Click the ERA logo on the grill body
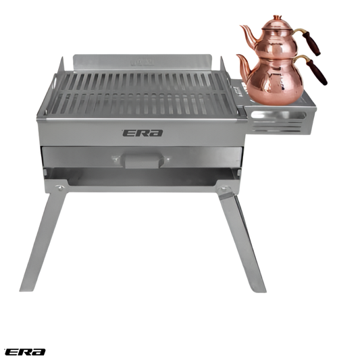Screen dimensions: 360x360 pyautogui.click(x=143, y=133)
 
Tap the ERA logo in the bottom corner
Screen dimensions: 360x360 pyautogui.click(x=24, y=352)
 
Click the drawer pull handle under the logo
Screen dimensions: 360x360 pyautogui.click(x=145, y=160)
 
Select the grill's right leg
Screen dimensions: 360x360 pyautogui.click(x=242, y=242)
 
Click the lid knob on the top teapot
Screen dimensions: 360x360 pyautogui.click(x=278, y=18)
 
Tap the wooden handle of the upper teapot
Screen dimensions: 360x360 pyautogui.click(x=311, y=44)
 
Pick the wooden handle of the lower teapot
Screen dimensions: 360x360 pyautogui.click(x=317, y=72)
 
